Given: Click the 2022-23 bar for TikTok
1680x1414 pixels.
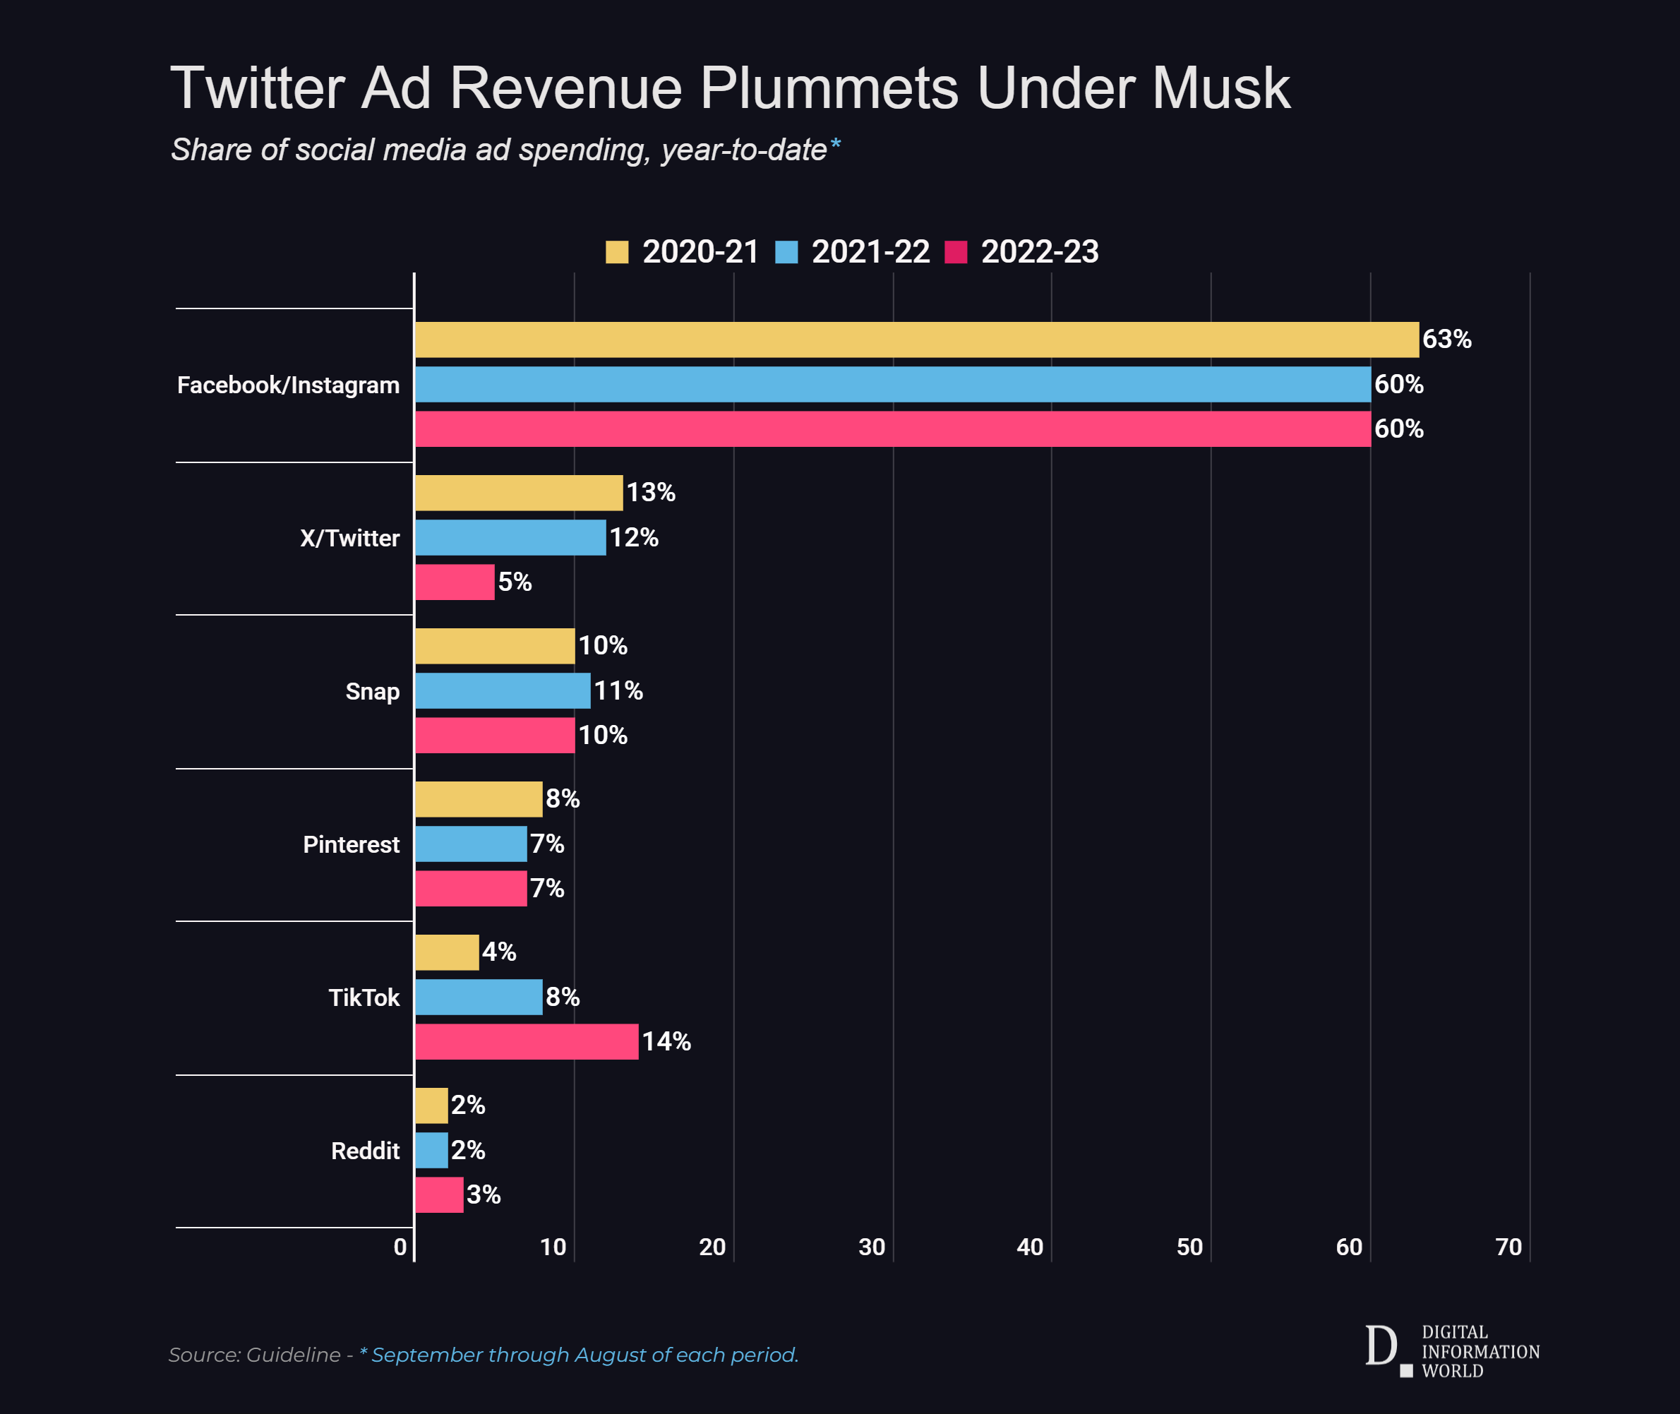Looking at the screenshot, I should coord(527,1041).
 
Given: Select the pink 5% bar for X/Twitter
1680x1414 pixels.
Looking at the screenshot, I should coord(455,582).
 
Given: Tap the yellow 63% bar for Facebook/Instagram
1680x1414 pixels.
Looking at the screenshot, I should coord(916,339).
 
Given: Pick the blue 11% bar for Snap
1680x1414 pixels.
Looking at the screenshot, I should coord(503,690).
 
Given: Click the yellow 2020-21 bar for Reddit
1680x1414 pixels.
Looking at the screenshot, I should coord(431,1106).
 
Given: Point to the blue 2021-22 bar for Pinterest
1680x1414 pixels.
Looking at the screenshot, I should coord(471,844).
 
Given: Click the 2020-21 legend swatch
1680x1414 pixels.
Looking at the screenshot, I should coord(616,252).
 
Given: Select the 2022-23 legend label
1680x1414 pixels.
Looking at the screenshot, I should coord(1040,252).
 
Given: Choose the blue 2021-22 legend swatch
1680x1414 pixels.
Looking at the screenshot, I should coord(786,252).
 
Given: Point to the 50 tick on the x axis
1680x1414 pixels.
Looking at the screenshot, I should coord(1189,1247).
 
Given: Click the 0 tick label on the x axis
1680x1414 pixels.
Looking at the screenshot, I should coord(400,1247).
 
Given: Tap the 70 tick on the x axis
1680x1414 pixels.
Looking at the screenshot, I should coord(1508,1247).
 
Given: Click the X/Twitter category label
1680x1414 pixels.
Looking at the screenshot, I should coord(349,538).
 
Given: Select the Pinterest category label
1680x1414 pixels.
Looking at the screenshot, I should coord(351,844).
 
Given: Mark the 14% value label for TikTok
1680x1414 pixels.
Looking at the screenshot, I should coord(666,1041).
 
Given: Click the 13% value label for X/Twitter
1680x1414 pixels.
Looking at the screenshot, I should coord(650,492).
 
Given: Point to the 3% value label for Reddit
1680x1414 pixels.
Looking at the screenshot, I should coord(484,1194).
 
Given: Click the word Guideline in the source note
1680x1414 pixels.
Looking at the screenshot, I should coord(294,1355).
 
